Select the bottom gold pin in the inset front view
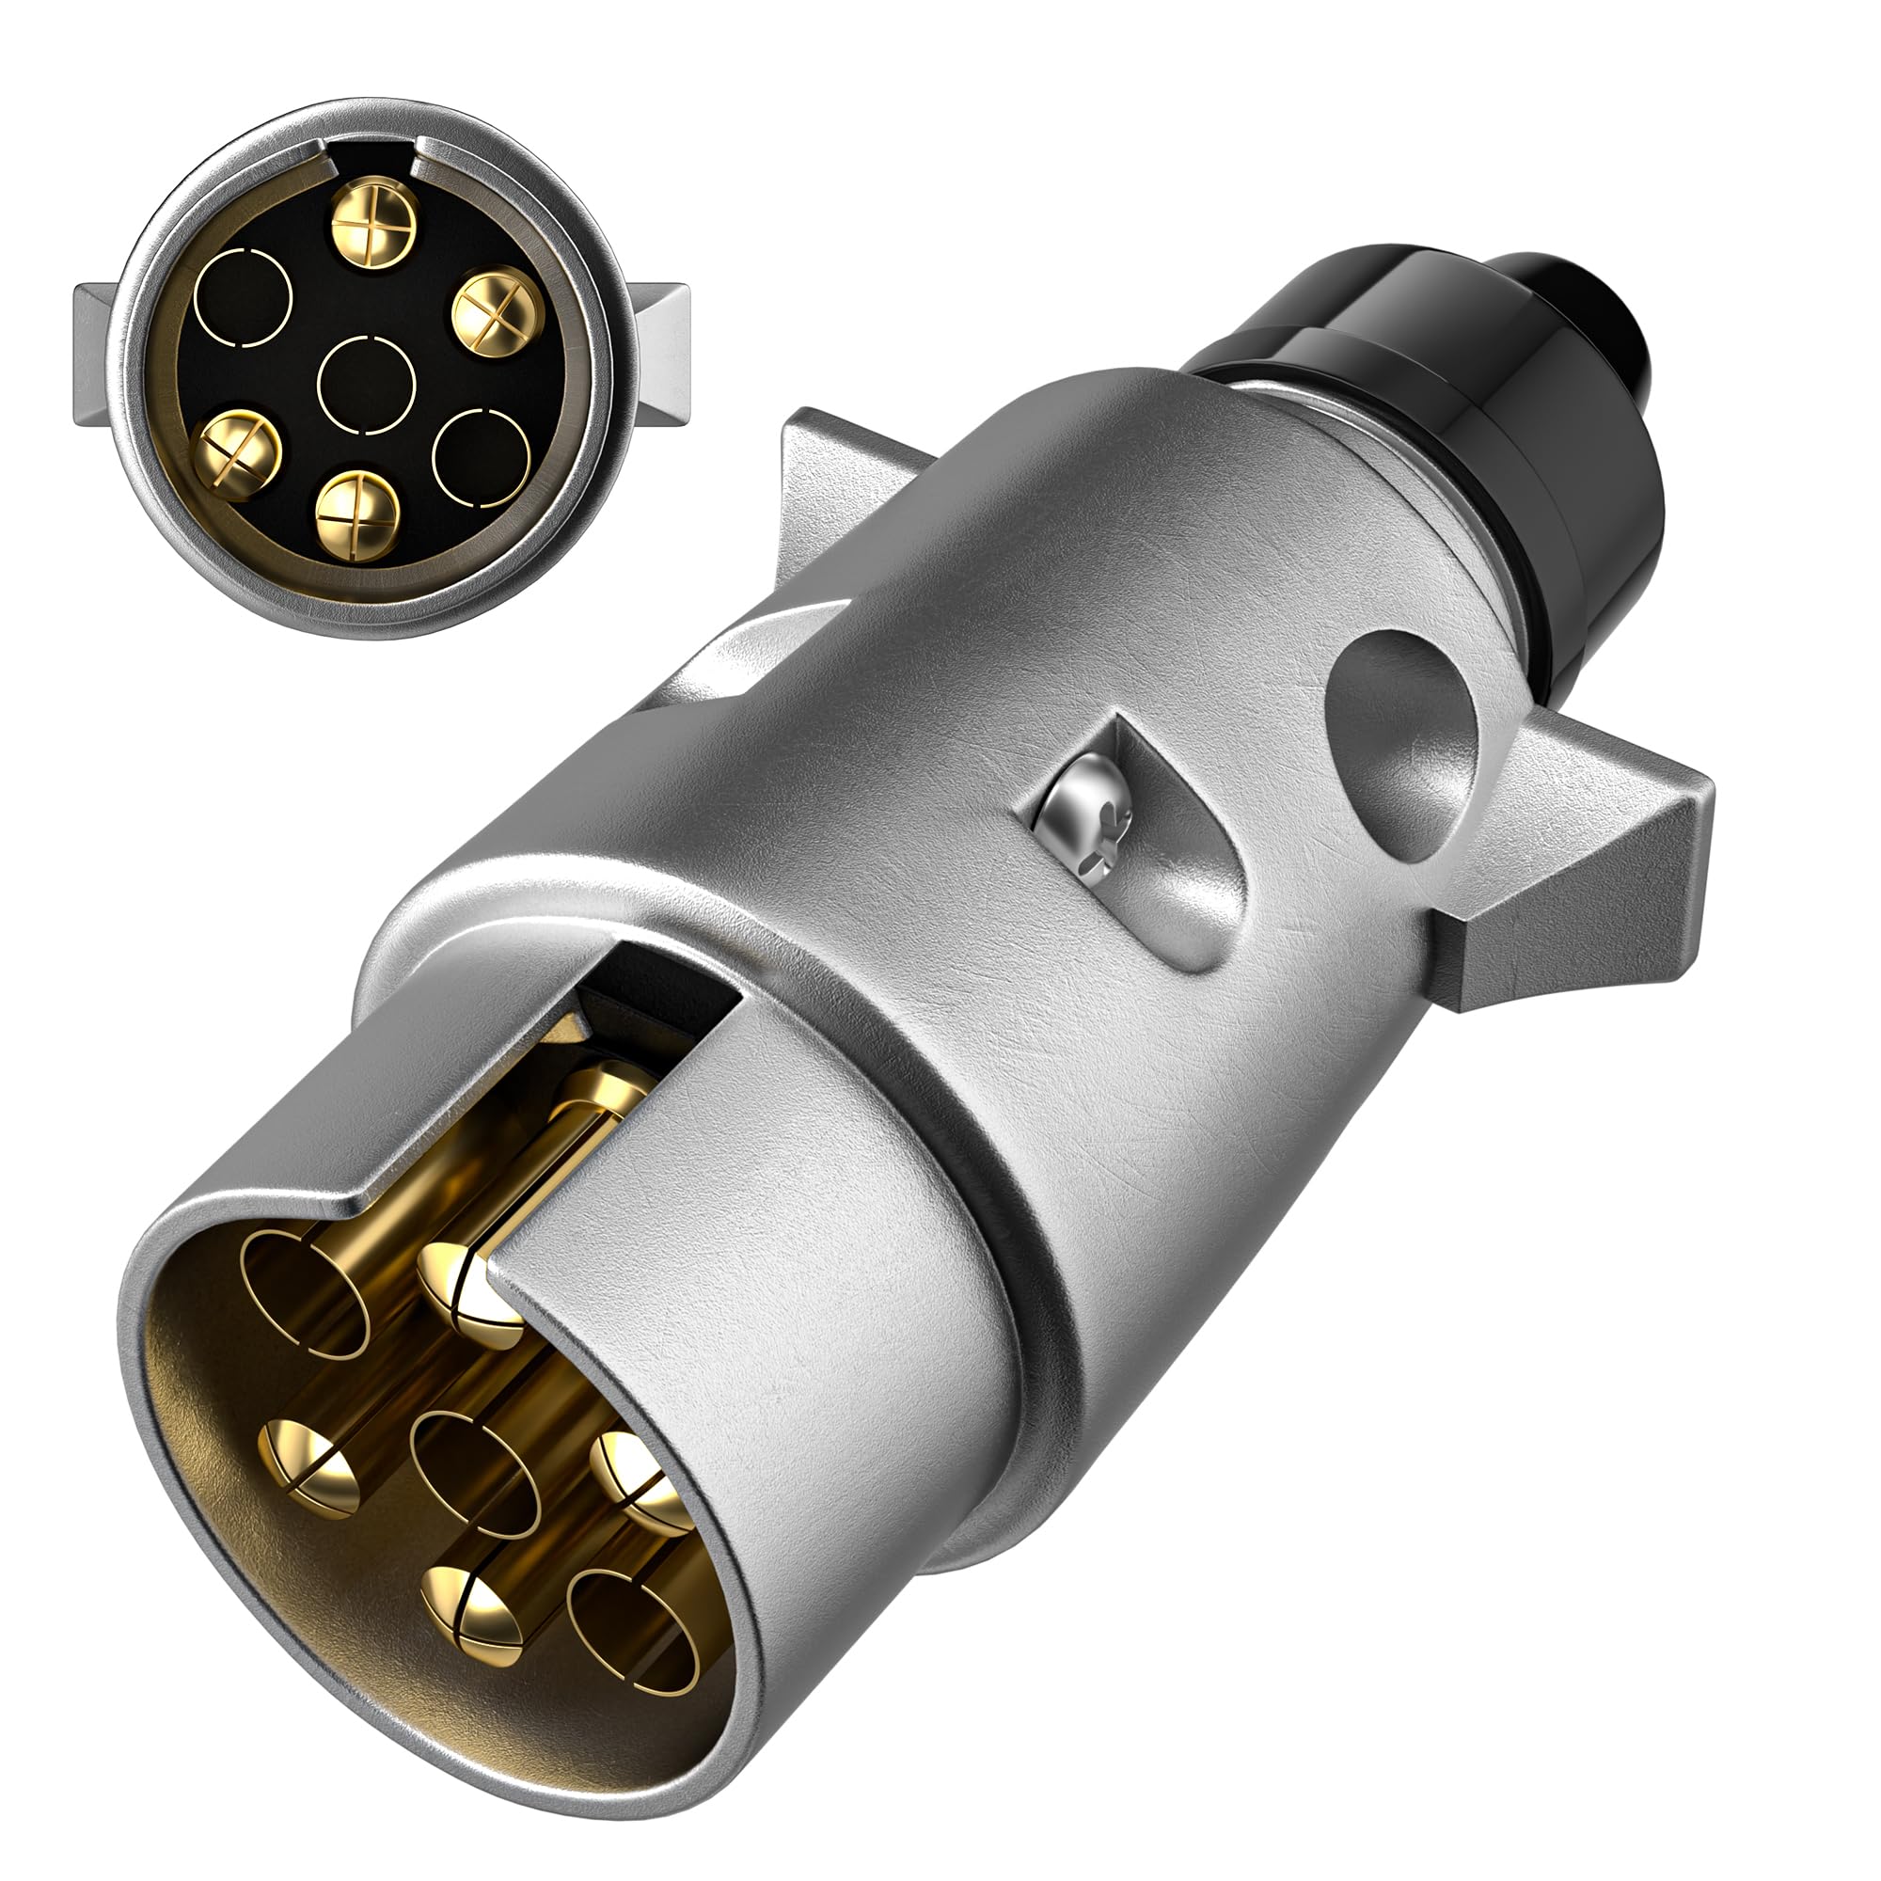coord(358,516)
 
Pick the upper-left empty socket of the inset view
coord(244,298)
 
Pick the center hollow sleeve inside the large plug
coord(474,1473)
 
